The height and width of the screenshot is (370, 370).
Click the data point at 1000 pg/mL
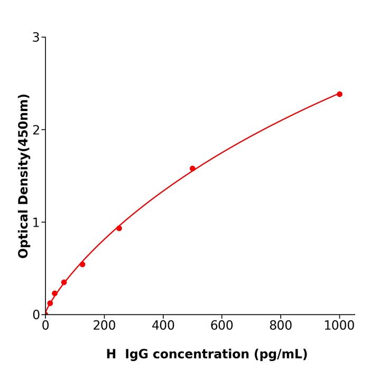pos(339,94)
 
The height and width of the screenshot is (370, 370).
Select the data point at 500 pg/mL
pos(192,169)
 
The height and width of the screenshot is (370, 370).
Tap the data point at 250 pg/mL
pos(119,228)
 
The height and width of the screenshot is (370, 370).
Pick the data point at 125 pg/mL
pos(82,264)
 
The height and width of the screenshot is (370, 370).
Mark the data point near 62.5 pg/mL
pos(64,282)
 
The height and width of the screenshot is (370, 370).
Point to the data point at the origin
pos(45,314)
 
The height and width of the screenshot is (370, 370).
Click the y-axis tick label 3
pos(36,38)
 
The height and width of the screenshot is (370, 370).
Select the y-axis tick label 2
pos(36,130)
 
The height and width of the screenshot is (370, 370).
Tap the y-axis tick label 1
pos(36,223)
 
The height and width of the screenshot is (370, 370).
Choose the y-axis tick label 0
pos(36,315)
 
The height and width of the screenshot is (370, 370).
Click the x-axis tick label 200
pos(104,326)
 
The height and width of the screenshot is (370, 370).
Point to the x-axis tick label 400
pos(163,326)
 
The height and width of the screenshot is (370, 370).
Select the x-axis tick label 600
pos(221,326)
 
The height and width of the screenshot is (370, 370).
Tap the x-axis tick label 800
pos(280,326)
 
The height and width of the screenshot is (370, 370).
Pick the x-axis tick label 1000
pos(339,326)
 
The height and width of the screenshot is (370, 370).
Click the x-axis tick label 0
pos(45,326)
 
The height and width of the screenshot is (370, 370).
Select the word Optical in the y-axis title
pos(23,233)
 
